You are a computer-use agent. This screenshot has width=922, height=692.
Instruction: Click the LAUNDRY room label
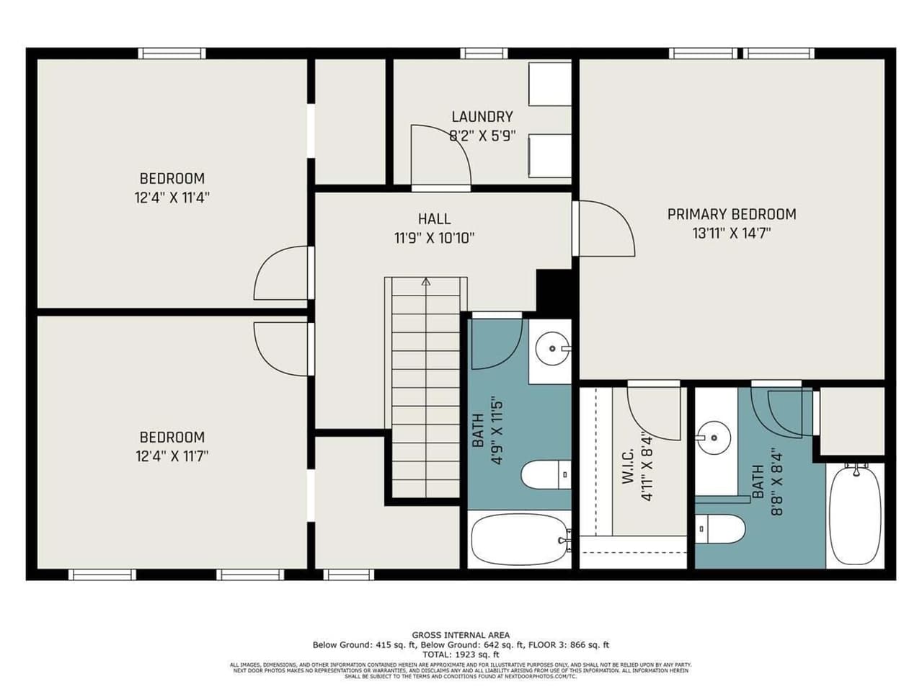[482, 117]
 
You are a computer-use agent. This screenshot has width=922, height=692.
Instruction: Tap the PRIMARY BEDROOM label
[731, 214]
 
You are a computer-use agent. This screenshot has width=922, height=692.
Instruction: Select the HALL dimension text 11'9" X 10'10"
[434, 238]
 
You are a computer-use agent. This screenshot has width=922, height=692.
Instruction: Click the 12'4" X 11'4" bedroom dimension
[172, 198]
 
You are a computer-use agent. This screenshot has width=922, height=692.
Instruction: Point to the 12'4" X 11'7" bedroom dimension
[172, 456]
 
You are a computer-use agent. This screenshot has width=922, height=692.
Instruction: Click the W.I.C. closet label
[627, 467]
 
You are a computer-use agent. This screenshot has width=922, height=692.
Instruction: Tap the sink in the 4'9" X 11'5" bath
[553, 349]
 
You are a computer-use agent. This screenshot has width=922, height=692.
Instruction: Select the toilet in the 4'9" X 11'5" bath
[546, 475]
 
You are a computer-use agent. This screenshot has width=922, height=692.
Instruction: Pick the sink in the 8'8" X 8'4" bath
[713, 436]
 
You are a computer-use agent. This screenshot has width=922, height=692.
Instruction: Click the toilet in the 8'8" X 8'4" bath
[720, 530]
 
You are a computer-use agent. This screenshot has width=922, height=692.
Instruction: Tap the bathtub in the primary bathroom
[855, 514]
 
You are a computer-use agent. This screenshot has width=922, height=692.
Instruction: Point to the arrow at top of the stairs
[425, 283]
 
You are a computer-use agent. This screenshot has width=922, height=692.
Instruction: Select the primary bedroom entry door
[606, 227]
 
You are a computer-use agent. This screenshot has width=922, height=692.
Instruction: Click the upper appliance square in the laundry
[550, 84]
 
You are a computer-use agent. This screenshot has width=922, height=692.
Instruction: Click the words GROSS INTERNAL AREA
[461, 635]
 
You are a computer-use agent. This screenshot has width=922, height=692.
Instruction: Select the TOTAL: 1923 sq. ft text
[461, 655]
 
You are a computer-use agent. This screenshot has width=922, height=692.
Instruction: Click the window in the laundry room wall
[484, 53]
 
